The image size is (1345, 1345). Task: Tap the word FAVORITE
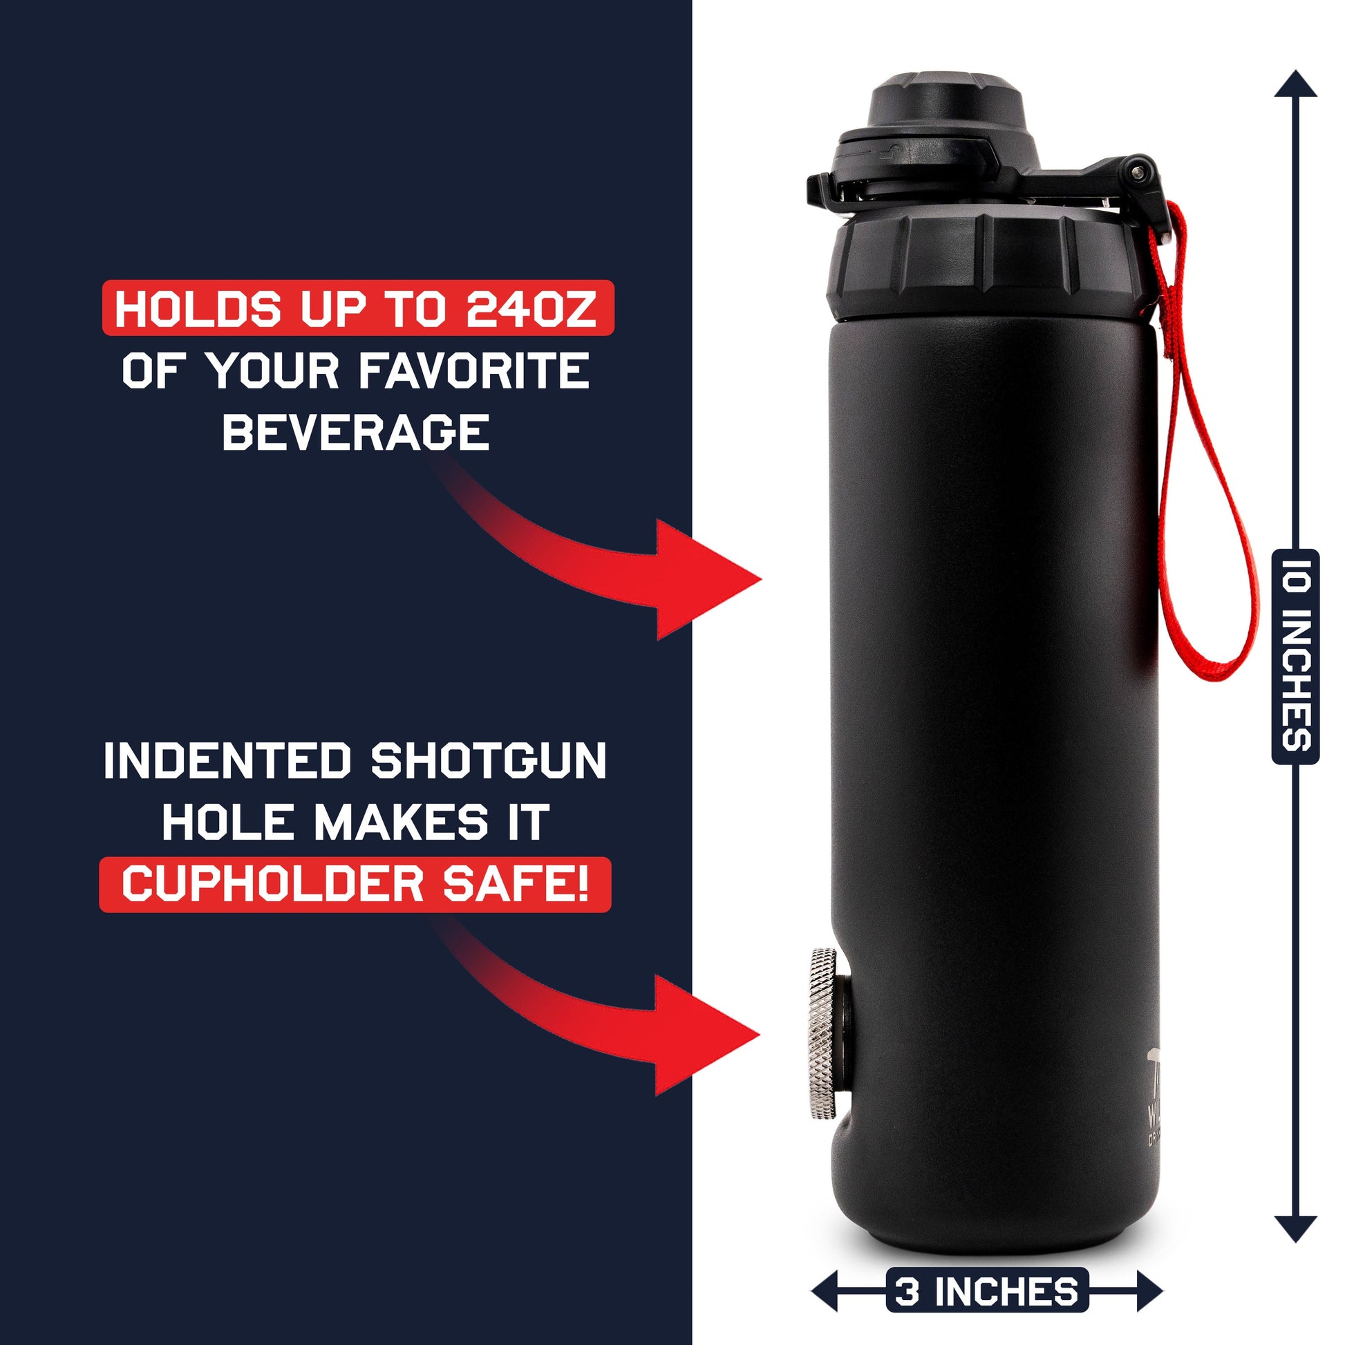point(474,370)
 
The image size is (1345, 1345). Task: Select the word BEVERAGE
point(356,431)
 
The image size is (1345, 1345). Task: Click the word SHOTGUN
point(489,761)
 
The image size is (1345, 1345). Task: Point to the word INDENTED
point(227,761)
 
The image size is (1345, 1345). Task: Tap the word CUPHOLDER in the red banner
point(272,884)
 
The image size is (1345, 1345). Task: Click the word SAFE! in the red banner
point(516,884)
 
